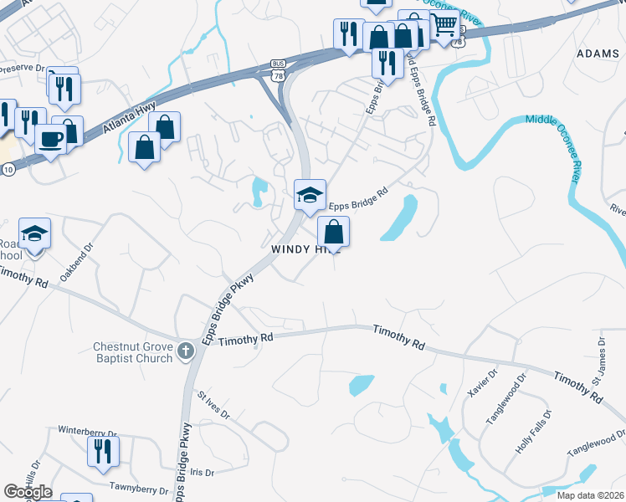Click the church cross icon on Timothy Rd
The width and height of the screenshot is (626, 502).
(186, 351)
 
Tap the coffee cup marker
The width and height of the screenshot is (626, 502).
(51, 137)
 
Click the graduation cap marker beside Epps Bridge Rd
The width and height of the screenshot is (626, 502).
(310, 195)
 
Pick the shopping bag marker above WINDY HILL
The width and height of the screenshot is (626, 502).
(333, 231)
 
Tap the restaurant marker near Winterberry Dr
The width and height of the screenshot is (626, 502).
(103, 451)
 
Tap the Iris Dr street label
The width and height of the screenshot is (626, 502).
(202, 472)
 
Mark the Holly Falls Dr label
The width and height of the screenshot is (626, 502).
(534, 432)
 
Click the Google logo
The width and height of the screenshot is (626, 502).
(28, 492)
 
